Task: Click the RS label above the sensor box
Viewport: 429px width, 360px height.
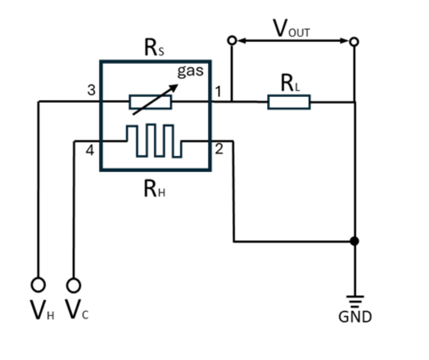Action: point(154,48)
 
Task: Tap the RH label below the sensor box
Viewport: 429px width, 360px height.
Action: point(154,189)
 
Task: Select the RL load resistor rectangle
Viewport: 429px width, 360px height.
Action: point(289,102)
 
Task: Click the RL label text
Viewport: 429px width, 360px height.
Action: point(290,83)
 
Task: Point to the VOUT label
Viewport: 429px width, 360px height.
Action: point(292,28)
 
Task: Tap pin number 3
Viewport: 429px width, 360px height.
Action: point(91,90)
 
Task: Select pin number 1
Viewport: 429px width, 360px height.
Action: point(218,92)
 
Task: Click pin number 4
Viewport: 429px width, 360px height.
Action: point(90,150)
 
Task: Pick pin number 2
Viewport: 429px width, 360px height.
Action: point(219,149)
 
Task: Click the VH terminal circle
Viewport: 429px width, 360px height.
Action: point(38,284)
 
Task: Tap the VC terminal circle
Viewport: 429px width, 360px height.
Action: point(73,285)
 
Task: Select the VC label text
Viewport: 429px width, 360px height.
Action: point(77,310)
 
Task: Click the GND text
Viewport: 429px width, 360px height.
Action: point(355,317)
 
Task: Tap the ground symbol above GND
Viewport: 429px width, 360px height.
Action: point(355,301)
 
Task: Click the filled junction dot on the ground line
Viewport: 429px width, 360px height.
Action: point(355,241)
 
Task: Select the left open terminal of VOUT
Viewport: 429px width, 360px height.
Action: point(232,40)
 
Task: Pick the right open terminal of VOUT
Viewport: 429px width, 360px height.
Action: point(354,42)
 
